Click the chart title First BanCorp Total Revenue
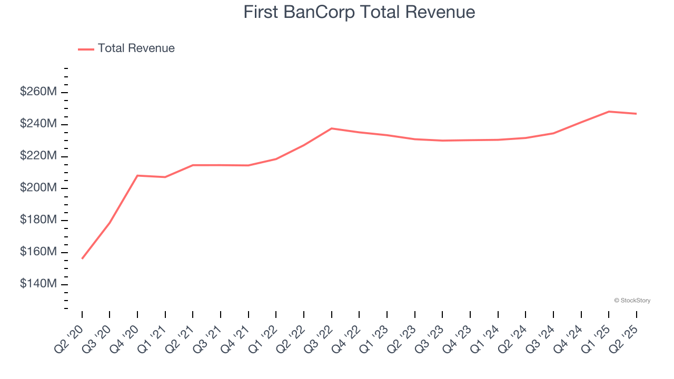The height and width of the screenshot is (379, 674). (x=359, y=12)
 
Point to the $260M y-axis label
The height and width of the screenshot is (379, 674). (x=38, y=92)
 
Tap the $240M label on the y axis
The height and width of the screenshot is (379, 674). (x=38, y=124)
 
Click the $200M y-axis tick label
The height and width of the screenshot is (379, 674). (x=38, y=188)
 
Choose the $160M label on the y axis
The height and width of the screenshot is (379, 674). (x=38, y=252)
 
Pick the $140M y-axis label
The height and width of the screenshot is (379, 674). (x=38, y=284)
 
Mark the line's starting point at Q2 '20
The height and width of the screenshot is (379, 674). (x=82, y=258)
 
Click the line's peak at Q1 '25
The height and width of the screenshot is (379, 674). (x=609, y=112)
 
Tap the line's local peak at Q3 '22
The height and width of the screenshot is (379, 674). (x=332, y=128)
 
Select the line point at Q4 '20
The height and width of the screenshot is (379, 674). (x=137, y=175)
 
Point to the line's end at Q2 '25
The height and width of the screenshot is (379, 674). (x=636, y=114)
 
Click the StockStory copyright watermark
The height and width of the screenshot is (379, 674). (x=632, y=301)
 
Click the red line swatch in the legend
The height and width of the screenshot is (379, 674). (x=86, y=49)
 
